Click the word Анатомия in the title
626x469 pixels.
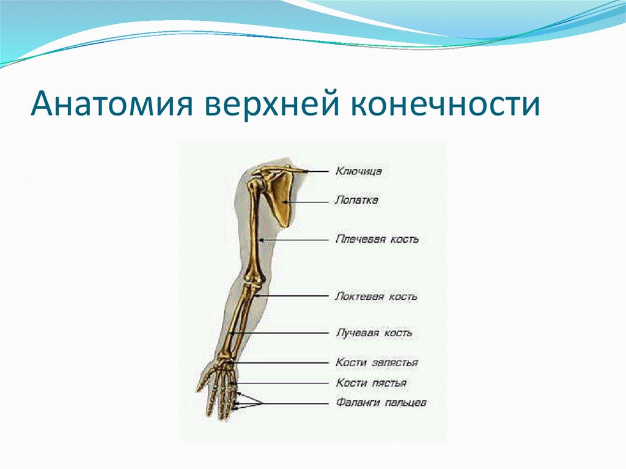[x=112, y=105]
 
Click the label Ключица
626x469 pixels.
[x=358, y=172]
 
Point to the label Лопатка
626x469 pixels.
[x=356, y=200]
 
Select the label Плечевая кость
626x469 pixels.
[x=377, y=240]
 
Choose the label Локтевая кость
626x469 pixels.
[x=376, y=297]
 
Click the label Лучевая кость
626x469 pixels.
[x=374, y=333]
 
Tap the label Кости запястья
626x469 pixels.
[x=377, y=363]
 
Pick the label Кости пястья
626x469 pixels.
[x=371, y=383]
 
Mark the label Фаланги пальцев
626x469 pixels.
[x=381, y=403]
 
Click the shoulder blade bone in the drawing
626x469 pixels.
[x=281, y=200]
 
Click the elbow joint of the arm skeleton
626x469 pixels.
[x=254, y=282]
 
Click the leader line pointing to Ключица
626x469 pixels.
[x=317, y=172]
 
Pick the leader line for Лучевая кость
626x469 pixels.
[x=279, y=333]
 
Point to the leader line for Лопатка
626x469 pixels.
[x=307, y=202]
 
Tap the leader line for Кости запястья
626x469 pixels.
[x=282, y=363]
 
